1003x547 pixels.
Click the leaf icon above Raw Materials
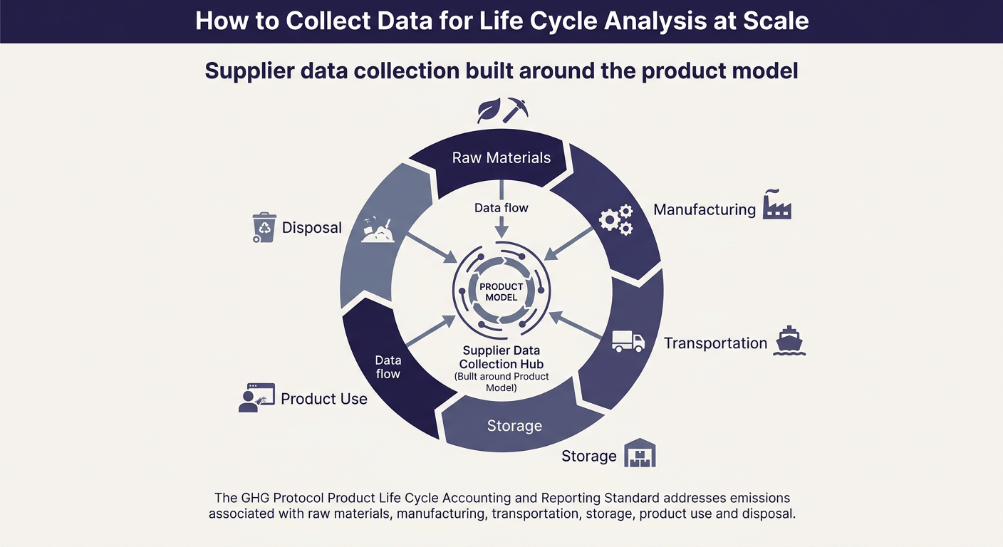point(489,110)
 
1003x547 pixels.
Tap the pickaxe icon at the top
point(515,110)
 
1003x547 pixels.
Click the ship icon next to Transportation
point(789,340)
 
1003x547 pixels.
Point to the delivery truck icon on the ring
point(628,341)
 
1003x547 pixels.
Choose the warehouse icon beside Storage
point(640,452)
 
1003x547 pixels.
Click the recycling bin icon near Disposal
point(264,227)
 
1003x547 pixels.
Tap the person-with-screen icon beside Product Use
point(256,397)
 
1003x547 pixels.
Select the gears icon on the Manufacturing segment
point(616,220)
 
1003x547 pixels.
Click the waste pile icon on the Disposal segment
point(378,230)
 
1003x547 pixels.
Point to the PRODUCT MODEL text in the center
point(501,292)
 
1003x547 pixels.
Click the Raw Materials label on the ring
point(501,157)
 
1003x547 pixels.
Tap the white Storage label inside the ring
point(514,425)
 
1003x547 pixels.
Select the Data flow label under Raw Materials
point(501,208)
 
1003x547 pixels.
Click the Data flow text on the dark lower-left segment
point(388,367)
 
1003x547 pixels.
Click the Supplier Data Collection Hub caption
point(501,358)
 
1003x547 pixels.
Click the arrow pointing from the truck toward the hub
point(576,325)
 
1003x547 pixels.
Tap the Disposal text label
point(311,228)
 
